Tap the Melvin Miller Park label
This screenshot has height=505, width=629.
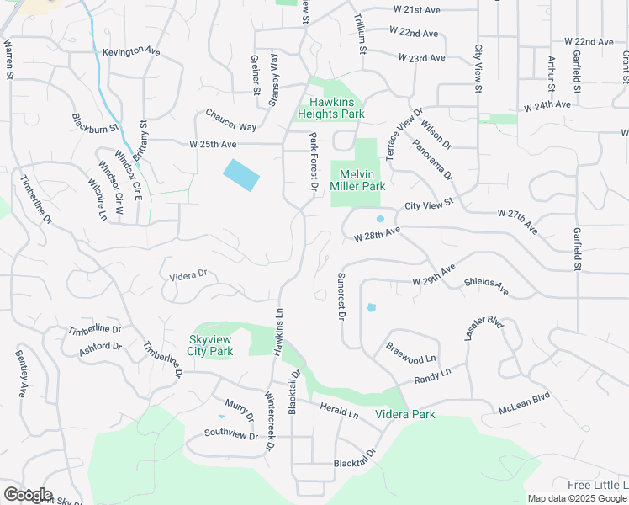[357, 179]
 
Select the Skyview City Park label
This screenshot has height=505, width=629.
[209, 345]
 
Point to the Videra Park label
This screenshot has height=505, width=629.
[406, 414]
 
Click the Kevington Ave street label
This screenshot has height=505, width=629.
[131, 51]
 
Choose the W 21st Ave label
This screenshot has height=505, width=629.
[416, 9]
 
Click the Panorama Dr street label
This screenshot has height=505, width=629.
[432, 160]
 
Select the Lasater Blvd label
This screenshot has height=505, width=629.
[483, 328]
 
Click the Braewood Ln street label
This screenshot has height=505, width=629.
[411, 353]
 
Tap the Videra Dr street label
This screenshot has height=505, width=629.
[188, 274]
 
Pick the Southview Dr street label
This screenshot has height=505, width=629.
[230, 434]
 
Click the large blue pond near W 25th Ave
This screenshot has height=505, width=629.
[240, 174]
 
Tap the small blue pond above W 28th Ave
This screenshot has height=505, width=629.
[380, 220]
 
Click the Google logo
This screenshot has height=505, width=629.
[28, 495]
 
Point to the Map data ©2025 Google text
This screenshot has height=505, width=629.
[577, 498]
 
